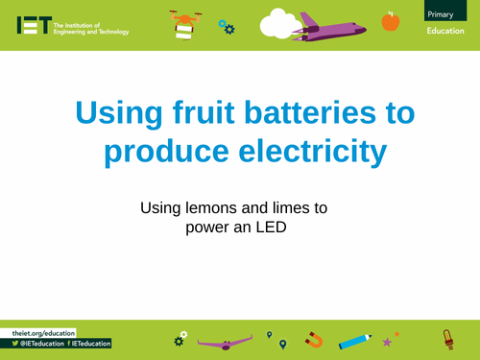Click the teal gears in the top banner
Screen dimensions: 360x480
(x=227, y=26)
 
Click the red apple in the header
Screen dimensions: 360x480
(x=390, y=21)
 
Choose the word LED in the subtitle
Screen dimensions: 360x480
(x=272, y=228)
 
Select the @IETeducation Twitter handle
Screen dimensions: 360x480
(x=41, y=343)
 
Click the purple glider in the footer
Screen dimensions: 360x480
(x=228, y=340)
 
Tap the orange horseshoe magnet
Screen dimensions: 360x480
(x=314, y=340)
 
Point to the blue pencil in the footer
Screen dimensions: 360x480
(x=354, y=340)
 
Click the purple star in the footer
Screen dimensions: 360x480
(x=387, y=342)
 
